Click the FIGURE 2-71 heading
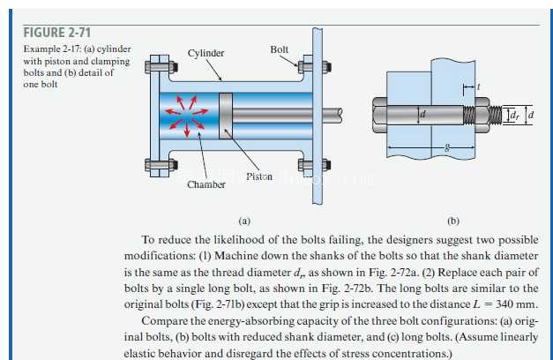click(x=57, y=33)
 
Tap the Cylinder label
click(x=206, y=53)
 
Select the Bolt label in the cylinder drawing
click(x=280, y=49)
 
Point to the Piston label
click(x=259, y=176)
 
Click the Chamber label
click(x=206, y=184)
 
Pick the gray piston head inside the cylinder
click(x=226, y=116)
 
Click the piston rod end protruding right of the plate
click(x=333, y=116)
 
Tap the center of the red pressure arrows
click(x=187, y=115)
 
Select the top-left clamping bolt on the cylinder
click(x=161, y=66)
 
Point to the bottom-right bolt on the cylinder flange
click(x=314, y=164)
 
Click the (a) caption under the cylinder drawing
click(x=244, y=221)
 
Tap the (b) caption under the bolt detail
click(x=453, y=221)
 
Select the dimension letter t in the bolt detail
click(x=478, y=86)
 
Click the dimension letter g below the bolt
click(x=447, y=146)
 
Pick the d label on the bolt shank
click(x=422, y=114)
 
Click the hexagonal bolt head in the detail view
click(x=380, y=115)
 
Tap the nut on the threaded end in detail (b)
click(x=482, y=115)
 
